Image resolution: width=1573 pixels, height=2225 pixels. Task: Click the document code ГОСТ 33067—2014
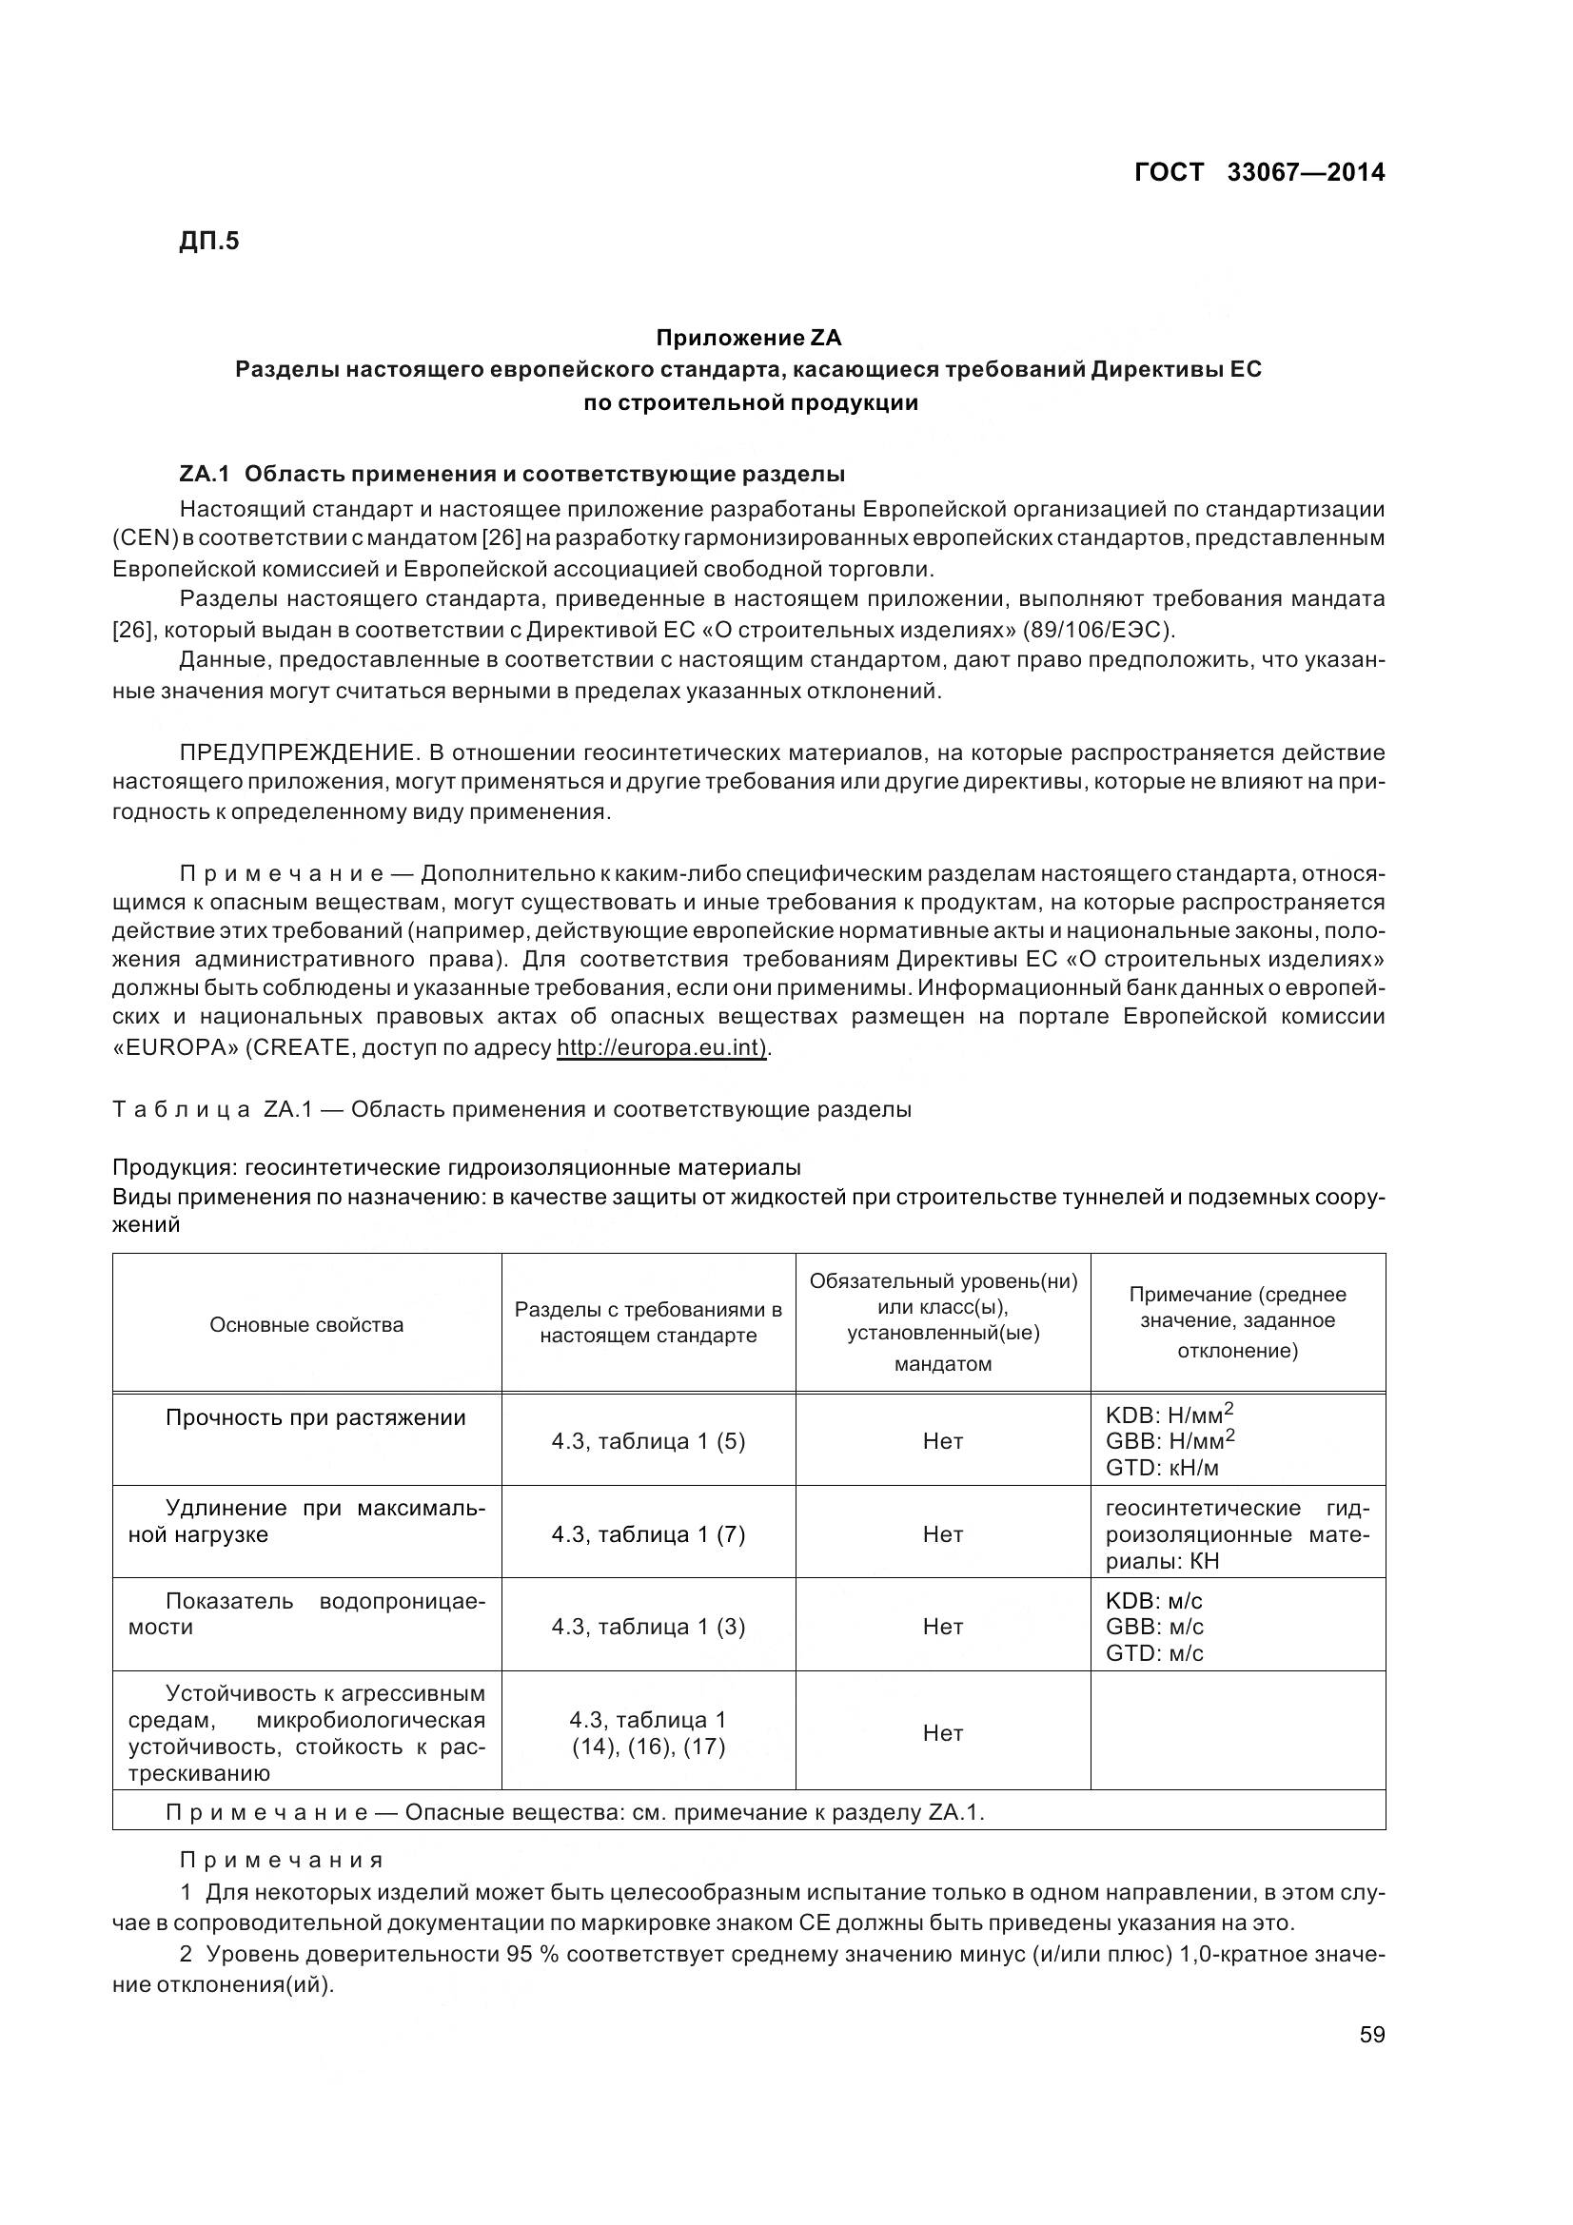click(x=1259, y=172)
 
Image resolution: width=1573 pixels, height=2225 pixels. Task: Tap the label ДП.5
click(x=208, y=241)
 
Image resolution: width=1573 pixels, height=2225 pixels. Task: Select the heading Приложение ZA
click(x=749, y=338)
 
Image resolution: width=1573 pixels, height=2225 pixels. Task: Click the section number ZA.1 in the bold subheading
click(x=204, y=474)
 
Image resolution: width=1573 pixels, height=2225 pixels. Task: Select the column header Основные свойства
click(x=306, y=1325)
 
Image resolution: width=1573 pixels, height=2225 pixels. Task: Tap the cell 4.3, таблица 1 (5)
click(x=648, y=1441)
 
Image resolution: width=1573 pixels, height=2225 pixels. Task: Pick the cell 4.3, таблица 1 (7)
click(x=648, y=1534)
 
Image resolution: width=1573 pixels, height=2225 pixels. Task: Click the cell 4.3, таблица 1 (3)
click(x=648, y=1627)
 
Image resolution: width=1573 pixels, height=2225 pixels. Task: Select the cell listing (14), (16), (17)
click(x=648, y=1747)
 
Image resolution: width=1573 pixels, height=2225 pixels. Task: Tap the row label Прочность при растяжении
click(x=316, y=1417)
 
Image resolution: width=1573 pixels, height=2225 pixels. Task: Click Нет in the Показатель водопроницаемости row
click(x=943, y=1627)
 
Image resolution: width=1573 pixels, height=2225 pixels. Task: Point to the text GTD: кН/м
click(x=1162, y=1467)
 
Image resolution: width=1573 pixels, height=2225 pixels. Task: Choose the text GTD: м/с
click(x=1154, y=1653)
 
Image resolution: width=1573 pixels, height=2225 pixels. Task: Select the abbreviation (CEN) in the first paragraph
click(x=143, y=537)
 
